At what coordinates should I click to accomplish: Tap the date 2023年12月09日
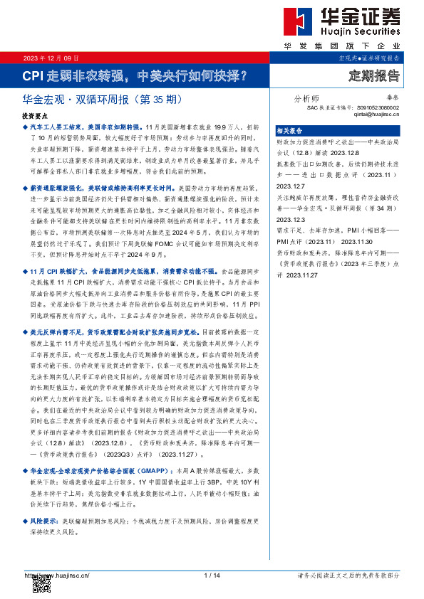point(51,57)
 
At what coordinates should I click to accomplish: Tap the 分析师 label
point(306,99)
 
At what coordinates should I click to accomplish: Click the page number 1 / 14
point(212,575)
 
